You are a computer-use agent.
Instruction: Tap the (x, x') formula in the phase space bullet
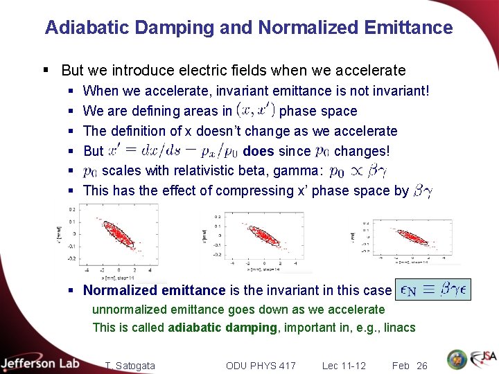click(x=256, y=111)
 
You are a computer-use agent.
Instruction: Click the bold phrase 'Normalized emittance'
click(x=154, y=291)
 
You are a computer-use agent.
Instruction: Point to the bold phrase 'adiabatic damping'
click(x=222, y=328)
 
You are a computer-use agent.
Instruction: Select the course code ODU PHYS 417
click(x=261, y=366)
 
